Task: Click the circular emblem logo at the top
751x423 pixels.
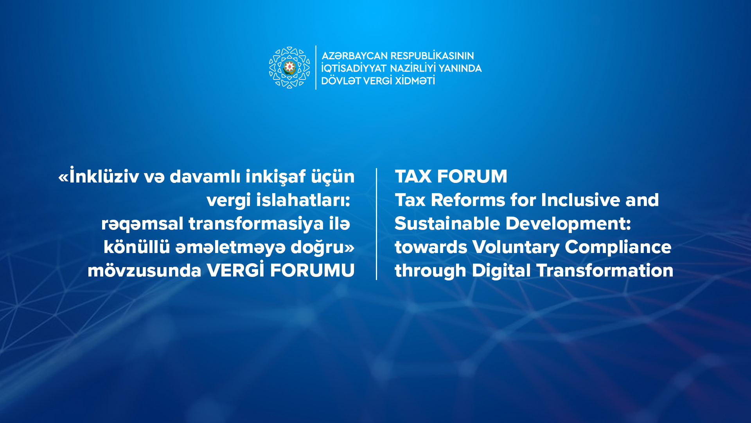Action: click(289, 68)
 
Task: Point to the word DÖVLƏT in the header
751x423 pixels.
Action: click(341, 80)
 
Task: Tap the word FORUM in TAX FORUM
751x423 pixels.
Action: click(472, 176)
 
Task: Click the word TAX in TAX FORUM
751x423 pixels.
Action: click(413, 176)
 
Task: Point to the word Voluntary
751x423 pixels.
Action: click(516, 248)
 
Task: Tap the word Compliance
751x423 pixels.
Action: click(618, 248)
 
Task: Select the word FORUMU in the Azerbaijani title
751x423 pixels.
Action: click(312, 270)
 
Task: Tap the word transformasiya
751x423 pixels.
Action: click(256, 224)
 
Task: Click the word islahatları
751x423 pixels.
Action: click(303, 200)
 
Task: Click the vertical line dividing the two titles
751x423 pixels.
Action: click(376, 224)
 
